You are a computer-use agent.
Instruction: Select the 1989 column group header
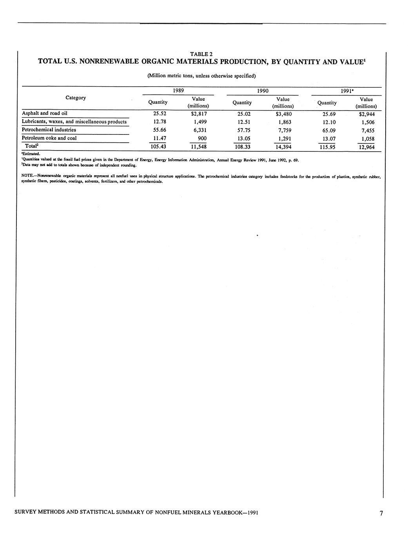point(178,91)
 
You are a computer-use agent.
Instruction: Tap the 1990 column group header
point(262,91)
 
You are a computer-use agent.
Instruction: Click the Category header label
point(76,98)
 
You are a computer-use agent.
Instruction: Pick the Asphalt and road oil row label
point(45,113)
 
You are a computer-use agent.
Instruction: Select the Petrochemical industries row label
point(49,130)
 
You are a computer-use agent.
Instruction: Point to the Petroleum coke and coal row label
point(49,138)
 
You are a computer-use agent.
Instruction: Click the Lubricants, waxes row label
point(74,122)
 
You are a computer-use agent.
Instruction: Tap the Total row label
point(31,146)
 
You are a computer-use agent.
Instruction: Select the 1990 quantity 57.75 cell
point(241,130)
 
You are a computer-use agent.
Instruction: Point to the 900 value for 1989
point(202,138)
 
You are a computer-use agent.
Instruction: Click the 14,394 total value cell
point(282,147)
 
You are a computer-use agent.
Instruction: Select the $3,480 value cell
point(283,114)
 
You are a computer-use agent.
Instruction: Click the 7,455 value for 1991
point(368,131)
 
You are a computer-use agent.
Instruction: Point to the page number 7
point(381,513)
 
